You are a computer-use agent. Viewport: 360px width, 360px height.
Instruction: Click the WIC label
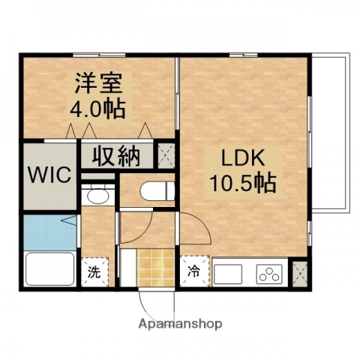coord(49,175)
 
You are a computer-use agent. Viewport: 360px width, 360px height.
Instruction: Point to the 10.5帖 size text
coord(241,181)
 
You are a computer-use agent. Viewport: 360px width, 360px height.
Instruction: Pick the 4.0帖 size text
coord(98,109)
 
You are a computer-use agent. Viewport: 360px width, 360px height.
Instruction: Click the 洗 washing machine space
coord(95,270)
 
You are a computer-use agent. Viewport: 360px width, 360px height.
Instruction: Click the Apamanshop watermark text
coord(179,324)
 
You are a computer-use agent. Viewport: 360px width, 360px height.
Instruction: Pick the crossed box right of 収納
coord(166,154)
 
